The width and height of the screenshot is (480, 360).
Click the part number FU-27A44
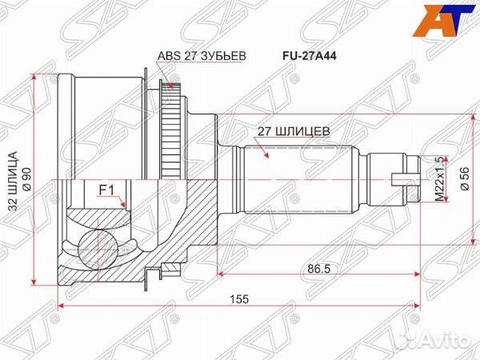coord(307,57)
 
